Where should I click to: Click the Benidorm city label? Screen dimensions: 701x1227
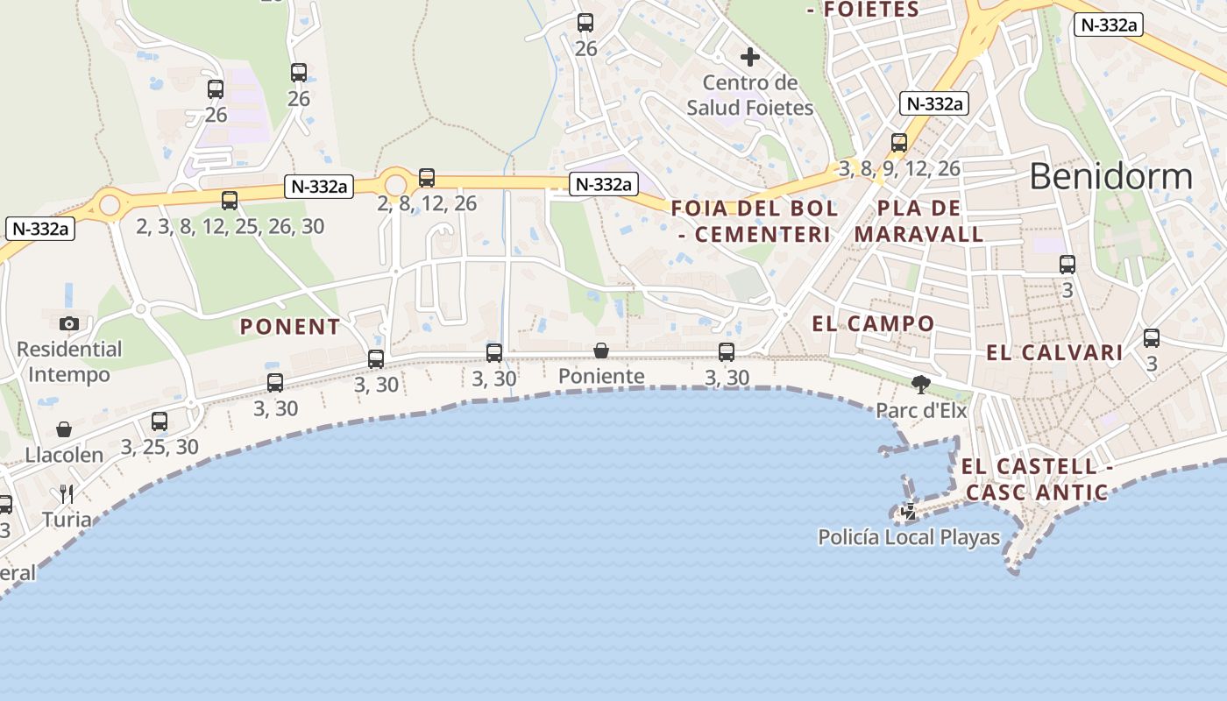tap(1110, 176)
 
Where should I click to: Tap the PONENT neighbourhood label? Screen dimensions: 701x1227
tap(290, 327)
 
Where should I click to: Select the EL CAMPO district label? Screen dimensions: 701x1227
tap(873, 323)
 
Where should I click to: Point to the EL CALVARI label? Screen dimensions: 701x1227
tap(1054, 353)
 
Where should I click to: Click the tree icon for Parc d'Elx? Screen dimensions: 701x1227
tap(920, 384)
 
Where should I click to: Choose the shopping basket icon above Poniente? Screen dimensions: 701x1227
tap(601, 350)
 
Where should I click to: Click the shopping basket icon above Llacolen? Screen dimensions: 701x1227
tap(64, 429)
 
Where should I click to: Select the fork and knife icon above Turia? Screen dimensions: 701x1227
tap(67, 494)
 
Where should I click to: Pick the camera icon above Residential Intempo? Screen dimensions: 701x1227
tap(69, 323)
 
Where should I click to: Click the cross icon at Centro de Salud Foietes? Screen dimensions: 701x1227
tap(749, 57)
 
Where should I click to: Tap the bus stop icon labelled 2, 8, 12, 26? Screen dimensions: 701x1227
tap(427, 178)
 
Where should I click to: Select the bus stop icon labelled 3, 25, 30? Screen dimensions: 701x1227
tap(160, 421)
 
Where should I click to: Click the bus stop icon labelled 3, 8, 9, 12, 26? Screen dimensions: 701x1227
tap(899, 143)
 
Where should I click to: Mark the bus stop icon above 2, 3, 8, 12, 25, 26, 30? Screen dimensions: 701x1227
tap(230, 201)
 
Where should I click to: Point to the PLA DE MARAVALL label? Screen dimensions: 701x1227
tap(918, 222)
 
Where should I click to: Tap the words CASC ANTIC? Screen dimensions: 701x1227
tap(1037, 492)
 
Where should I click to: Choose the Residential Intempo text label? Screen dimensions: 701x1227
tap(69, 362)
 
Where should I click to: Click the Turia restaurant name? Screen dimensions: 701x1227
tap(67, 519)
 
